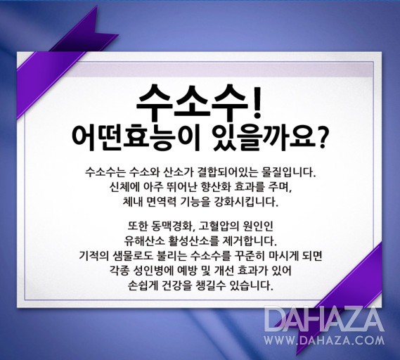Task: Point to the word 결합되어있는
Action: tap(224, 173)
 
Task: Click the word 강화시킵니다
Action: tap(250, 202)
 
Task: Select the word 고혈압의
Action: tap(219, 226)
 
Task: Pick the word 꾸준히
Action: tap(249, 255)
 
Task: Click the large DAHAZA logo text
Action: tap(324, 319)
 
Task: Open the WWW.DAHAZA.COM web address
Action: tap(324, 340)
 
